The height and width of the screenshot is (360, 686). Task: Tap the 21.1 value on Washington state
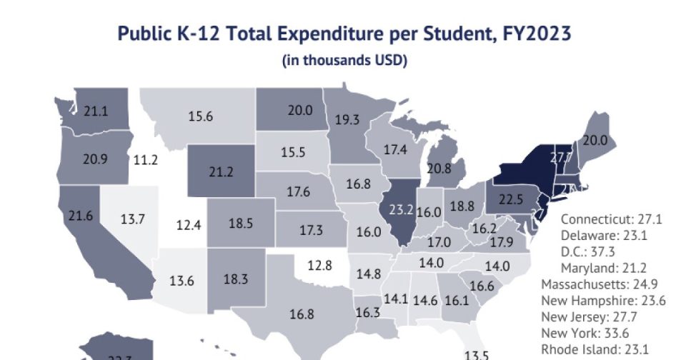pos(96,111)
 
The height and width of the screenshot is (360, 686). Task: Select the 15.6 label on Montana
pos(201,116)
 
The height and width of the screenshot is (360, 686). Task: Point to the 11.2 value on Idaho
pos(146,159)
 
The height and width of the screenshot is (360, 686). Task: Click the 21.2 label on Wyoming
pos(222,172)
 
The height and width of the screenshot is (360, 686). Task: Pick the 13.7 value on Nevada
pos(132,219)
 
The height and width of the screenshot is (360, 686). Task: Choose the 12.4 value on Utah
pos(189,226)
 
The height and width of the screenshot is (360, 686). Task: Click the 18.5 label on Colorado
pos(241,223)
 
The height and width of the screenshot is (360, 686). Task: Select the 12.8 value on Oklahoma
pos(319,266)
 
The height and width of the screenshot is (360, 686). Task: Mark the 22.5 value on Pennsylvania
pos(511,199)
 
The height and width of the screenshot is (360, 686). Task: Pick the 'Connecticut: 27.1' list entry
pos(611,219)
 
